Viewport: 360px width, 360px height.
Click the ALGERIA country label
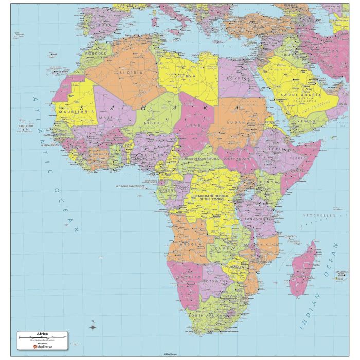point(131,73)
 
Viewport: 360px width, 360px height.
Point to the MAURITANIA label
point(71,111)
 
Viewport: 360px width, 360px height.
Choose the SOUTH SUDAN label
point(236,158)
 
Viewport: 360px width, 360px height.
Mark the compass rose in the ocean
point(93,326)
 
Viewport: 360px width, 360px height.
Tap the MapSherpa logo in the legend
point(43,347)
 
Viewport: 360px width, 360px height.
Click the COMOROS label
point(290,237)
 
